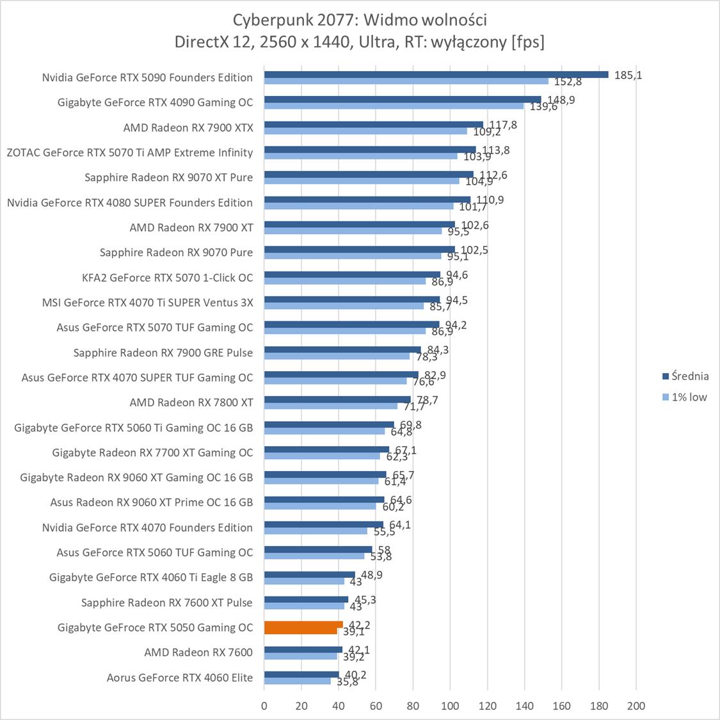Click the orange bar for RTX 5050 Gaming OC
(x=303, y=625)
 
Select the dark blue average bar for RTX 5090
(x=436, y=74)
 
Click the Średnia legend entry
(x=690, y=376)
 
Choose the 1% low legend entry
(x=689, y=397)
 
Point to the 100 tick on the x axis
(x=450, y=706)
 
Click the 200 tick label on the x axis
(x=636, y=706)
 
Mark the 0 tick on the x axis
(x=264, y=706)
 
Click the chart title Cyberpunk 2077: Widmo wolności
(x=359, y=20)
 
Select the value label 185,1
(x=628, y=75)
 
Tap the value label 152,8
(x=567, y=82)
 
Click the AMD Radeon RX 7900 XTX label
(x=188, y=128)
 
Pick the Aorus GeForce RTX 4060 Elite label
(x=180, y=678)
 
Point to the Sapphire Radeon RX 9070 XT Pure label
(x=168, y=178)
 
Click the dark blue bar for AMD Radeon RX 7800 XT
(x=337, y=399)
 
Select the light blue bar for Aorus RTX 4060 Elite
(x=298, y=681)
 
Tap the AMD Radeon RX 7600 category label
(x=198, y=653)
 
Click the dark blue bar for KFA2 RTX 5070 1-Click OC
(x=352, y=275)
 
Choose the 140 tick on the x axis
(x=524, y=706)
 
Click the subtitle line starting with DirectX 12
(x=359, y=42)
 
